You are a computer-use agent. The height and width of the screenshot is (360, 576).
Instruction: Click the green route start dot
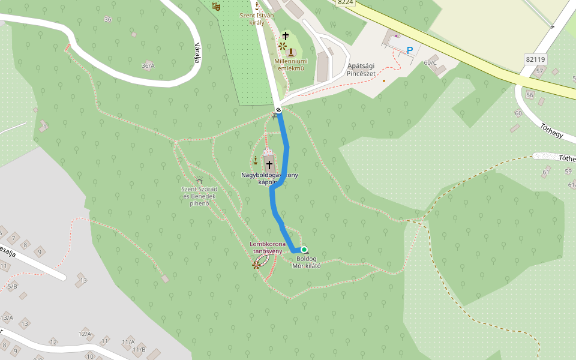[x=304, y=250]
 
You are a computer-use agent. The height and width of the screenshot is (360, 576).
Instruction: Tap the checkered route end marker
[x=278, y=109]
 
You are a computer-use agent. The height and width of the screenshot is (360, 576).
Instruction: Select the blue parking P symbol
[x=410, y=51]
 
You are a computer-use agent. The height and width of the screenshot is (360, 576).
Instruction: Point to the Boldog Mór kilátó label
[x=306, y=262]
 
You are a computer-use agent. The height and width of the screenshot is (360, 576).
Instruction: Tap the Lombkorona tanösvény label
[x=266, y=247]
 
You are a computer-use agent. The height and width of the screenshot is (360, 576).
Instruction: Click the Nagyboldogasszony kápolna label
[x=269, y=178]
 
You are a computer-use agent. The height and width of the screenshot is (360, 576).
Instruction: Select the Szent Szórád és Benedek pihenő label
[x=198, y=196]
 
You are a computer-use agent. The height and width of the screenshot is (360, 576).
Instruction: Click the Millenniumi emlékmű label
[x=291, y=64]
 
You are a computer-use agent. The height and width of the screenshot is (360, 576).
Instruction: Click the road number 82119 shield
[x=535, y=59]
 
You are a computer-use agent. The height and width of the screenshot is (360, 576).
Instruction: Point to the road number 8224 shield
[x=345, y=2]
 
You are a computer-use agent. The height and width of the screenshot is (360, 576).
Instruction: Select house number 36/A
[x=148, y=65]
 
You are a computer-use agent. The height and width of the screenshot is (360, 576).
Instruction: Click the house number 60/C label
[x=430, y=62]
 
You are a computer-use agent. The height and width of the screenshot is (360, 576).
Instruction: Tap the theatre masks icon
[x=216, y=6]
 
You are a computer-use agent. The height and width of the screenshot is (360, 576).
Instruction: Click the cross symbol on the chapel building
[x=269, y=164]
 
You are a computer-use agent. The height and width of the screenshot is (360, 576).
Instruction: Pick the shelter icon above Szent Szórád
[x=199, y=181]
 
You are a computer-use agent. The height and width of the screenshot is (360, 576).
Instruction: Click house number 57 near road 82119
[x=539, y=71]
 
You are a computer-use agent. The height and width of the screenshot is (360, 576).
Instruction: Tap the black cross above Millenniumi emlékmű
[x=286, y=36]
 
